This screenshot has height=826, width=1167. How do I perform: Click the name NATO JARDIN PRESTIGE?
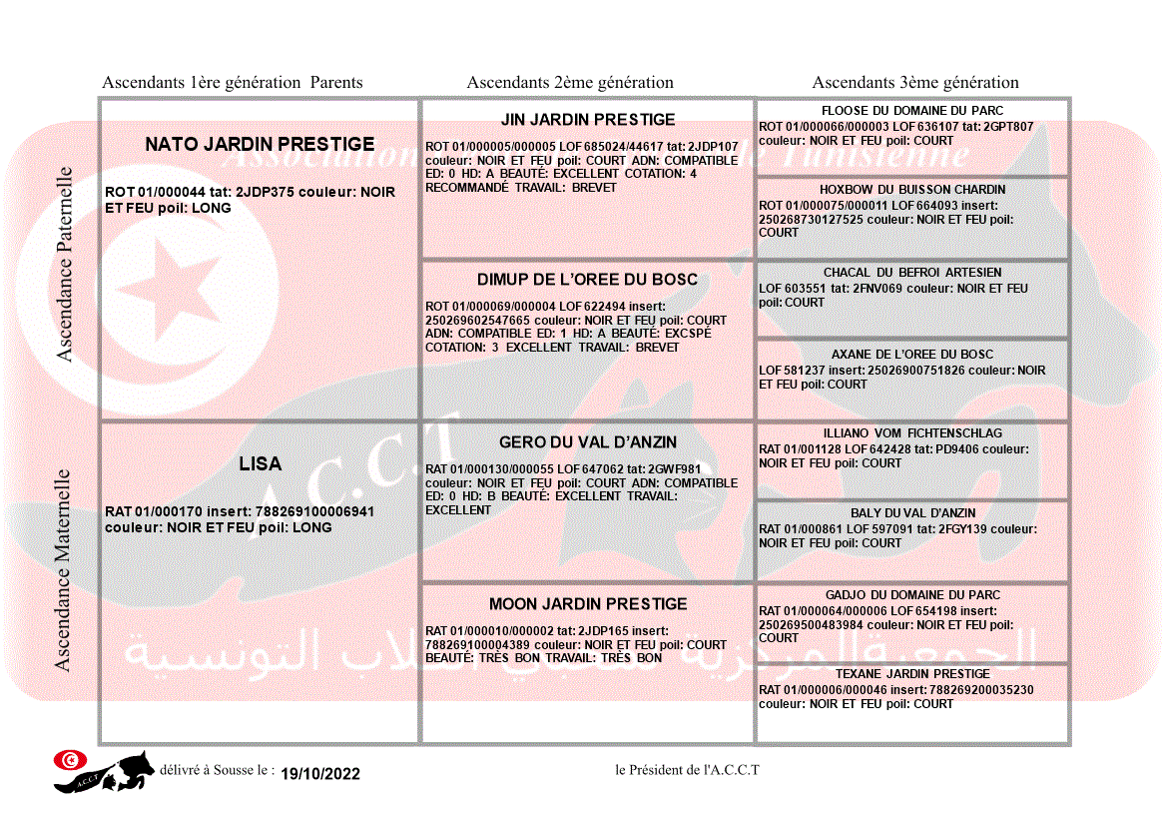260,145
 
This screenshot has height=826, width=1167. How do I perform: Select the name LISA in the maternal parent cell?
260,463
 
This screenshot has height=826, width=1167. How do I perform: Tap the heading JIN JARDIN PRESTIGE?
588,120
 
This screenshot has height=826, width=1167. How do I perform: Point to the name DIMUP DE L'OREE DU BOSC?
588,280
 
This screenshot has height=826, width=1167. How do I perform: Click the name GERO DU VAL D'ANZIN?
588,442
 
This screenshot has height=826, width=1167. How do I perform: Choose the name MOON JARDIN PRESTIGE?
588,604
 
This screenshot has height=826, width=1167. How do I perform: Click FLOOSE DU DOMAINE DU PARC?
912,111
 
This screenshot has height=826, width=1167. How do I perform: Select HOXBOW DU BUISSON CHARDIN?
912,190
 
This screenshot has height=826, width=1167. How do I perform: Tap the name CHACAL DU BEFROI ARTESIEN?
912,273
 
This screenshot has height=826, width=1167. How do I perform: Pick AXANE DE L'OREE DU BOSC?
912,355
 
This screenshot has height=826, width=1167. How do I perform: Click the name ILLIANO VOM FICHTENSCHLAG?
912,433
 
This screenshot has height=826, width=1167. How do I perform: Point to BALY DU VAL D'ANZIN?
912,513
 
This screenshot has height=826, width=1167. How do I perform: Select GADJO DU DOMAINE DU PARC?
912,595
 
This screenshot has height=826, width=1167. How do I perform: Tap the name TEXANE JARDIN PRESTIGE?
912,674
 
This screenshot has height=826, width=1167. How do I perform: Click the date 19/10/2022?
320,774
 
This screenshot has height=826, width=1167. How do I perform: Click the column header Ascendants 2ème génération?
570,83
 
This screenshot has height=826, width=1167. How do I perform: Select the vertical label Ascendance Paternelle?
65,264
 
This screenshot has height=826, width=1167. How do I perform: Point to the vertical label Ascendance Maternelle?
63,570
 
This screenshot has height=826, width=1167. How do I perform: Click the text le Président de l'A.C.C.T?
687,770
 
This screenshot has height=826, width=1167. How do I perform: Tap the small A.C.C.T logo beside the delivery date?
105,770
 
